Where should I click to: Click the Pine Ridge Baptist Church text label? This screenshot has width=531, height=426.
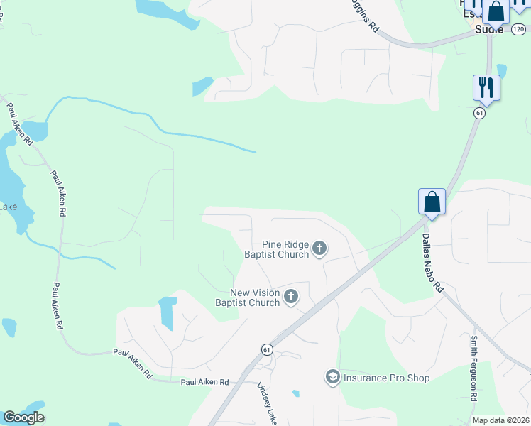tap(277, 249)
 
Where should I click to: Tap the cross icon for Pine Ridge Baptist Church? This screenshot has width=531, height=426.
tap(319, 248)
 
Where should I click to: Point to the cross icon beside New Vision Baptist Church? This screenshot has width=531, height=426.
tap(291, 297)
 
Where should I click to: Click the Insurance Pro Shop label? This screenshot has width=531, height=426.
tap(387, 378)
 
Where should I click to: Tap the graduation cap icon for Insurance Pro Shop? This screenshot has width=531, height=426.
tap(332, 377)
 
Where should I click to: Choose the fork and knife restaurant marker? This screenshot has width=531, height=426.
tap(486, 87)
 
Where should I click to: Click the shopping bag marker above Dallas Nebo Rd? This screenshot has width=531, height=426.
tap(432, 202)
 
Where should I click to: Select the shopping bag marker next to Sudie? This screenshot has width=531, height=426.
tap(496, 12)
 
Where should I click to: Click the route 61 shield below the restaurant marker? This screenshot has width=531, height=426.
tap(481, 113)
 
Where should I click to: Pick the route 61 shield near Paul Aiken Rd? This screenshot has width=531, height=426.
tap(267, 349)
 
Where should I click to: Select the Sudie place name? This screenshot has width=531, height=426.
tap(488, 30)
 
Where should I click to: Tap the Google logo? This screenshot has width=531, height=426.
tap(23, 417)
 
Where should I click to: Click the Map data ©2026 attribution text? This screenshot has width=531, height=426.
tap(501, 420)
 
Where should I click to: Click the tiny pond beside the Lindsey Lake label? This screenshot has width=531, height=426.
tap(295, 393)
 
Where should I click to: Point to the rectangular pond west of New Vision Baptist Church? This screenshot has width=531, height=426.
tap(168, 312)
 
